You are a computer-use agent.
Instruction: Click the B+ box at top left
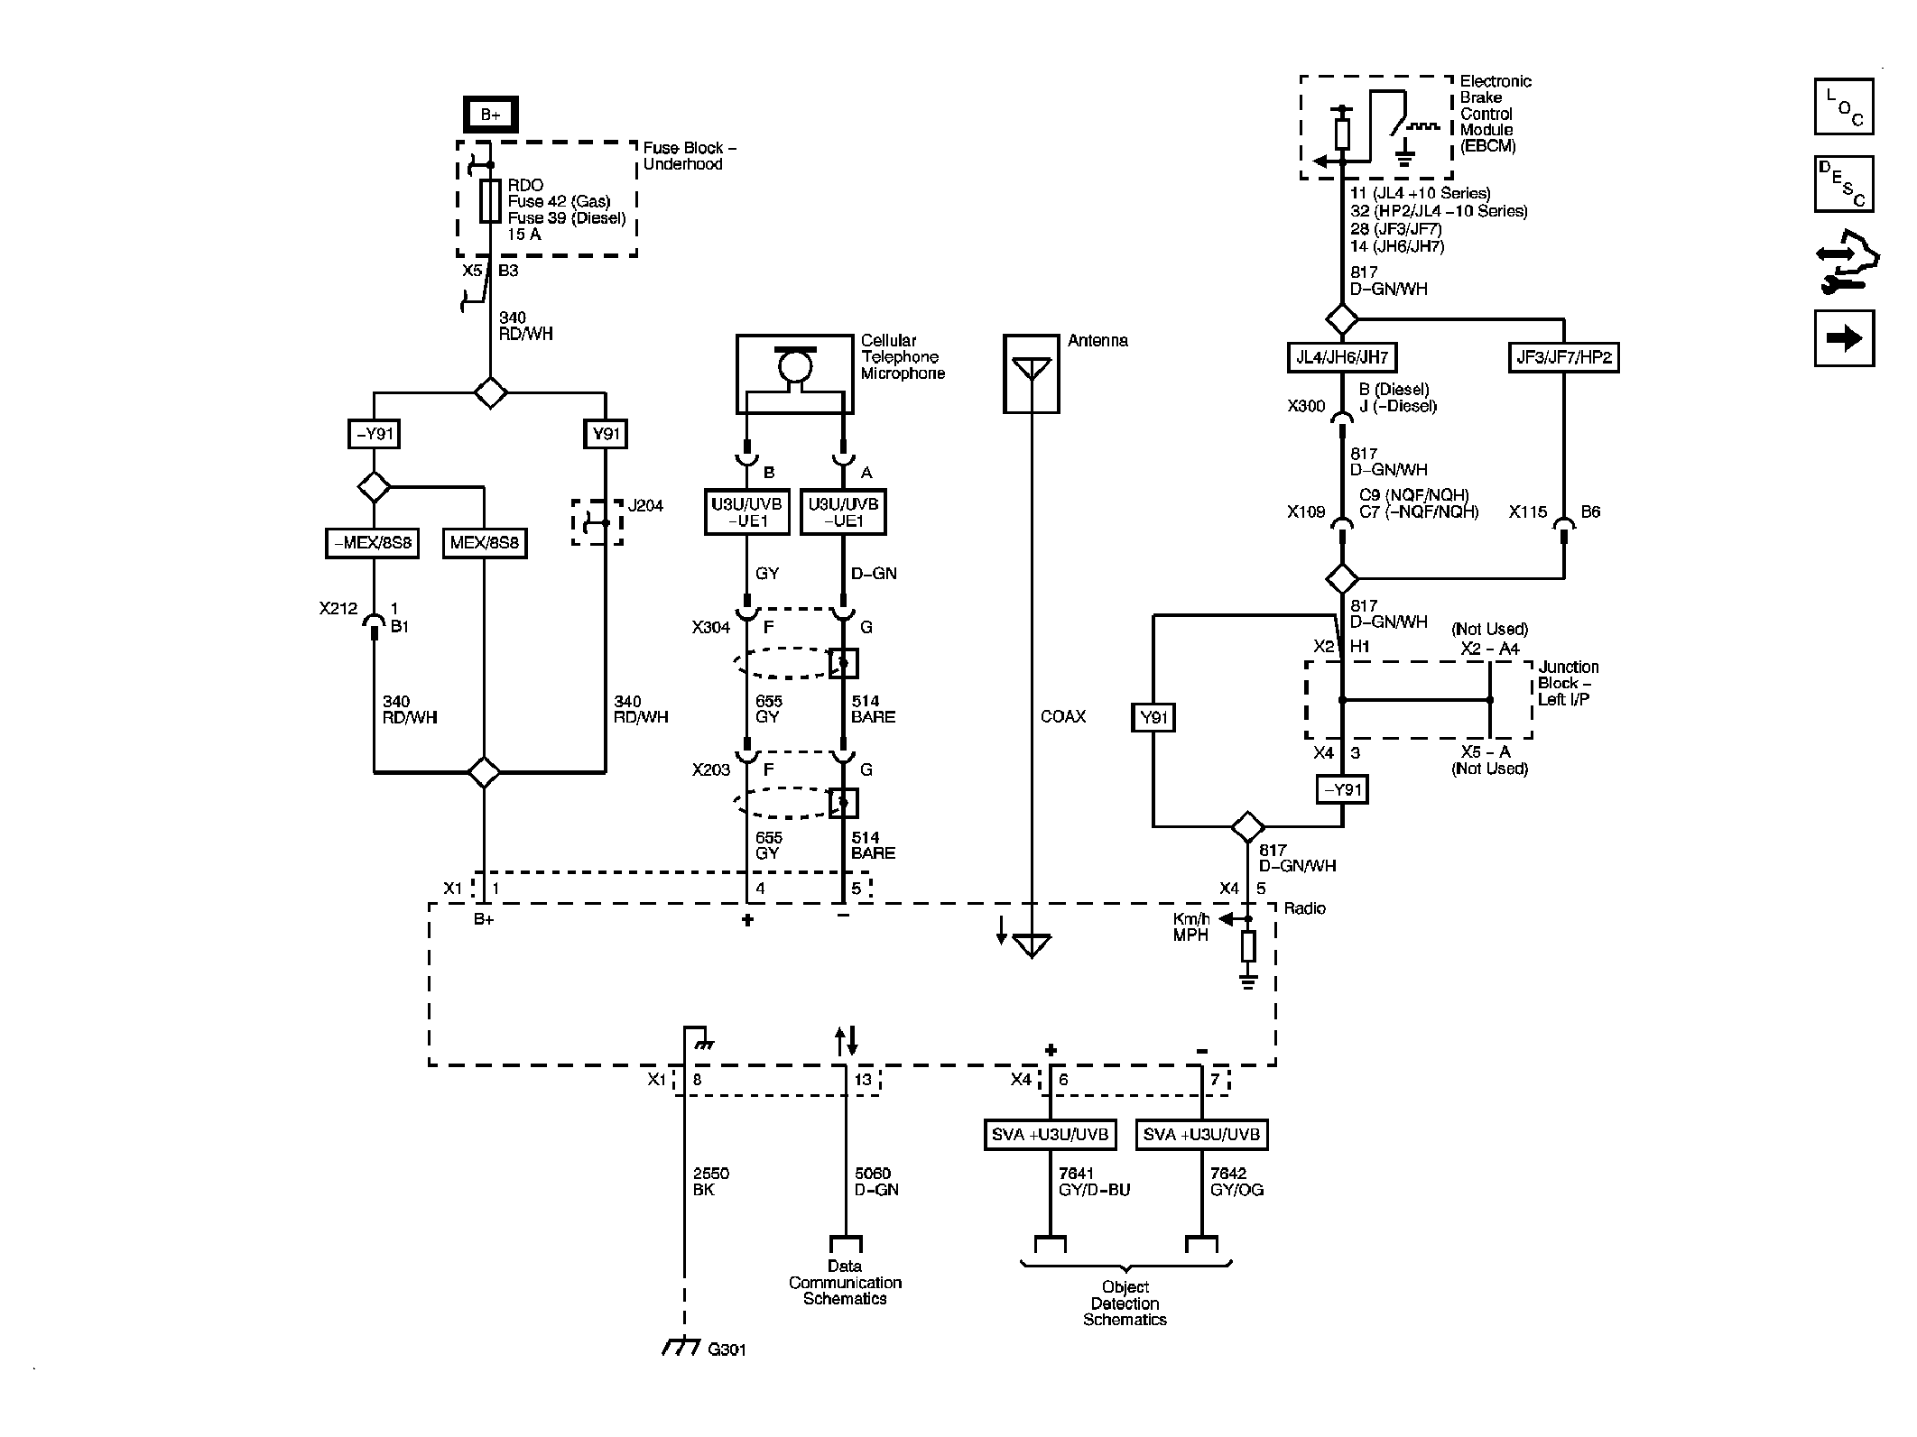(x=490, y=115)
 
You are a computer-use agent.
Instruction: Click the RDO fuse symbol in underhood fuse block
(x=490, y=200)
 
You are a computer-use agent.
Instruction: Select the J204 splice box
(x=597, y=522)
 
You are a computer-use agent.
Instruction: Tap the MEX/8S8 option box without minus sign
(x=484, y=543)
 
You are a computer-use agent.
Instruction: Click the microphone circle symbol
(x=795, y=365)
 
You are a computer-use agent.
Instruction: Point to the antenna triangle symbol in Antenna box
(x=1031, y=367)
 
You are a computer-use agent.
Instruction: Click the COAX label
(x=1062, y=716)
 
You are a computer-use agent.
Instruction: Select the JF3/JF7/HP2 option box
(x=1564, y=357)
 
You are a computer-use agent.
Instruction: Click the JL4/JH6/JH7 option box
(x=1341, y=357)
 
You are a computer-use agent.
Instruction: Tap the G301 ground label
(x=726, y=1350)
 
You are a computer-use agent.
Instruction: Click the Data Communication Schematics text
(x=845, y=1282)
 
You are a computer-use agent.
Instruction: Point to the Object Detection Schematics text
(x=1125, y=1303)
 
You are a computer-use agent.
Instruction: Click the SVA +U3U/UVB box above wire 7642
(x=1201, y=1134)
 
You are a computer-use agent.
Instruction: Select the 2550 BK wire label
(x=710, y=1181)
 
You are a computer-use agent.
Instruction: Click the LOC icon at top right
(x=1843, y=106)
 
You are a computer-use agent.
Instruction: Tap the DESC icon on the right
(x=1843, y=184)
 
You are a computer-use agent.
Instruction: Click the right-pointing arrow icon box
(x=1843, y=338)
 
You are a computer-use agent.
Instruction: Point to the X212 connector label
(x=338, y=609)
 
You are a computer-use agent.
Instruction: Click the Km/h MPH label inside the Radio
(x=1190, y=927)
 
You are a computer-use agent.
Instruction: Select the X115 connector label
(x=1528, y=511)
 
